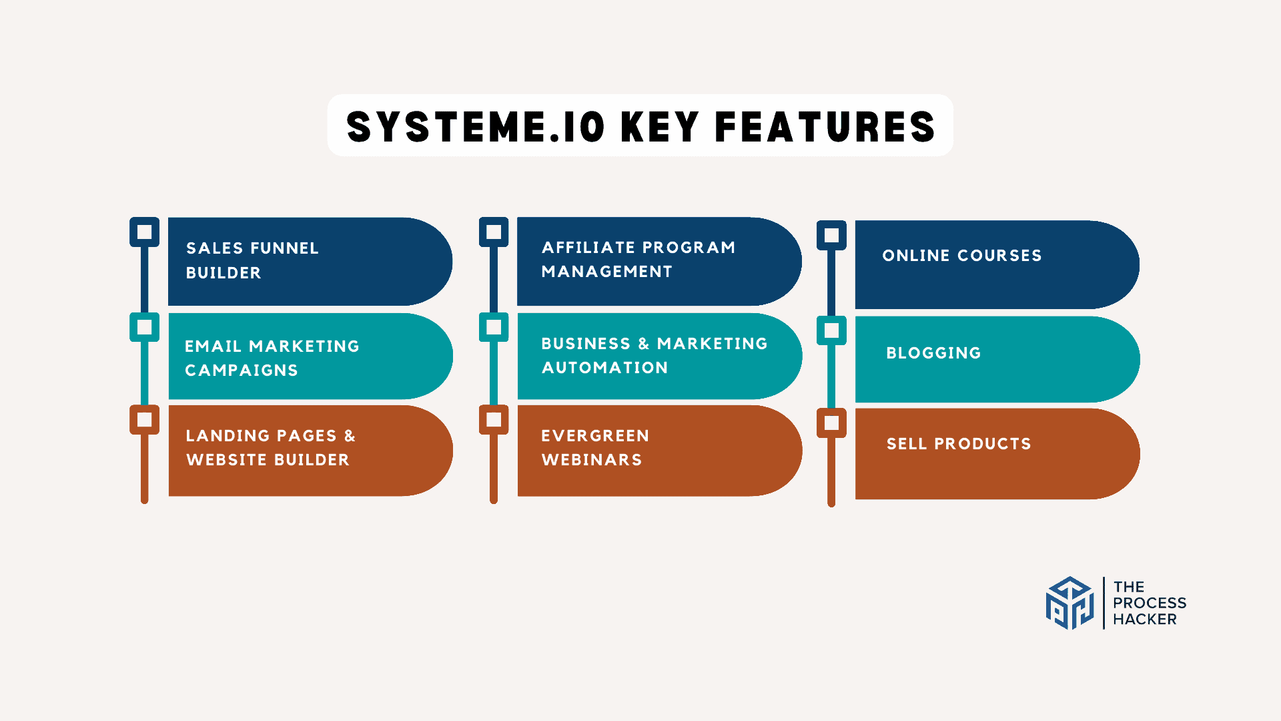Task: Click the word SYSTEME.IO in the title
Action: point(476,127)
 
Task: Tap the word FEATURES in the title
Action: point(825,127)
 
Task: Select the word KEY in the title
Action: point(660,127)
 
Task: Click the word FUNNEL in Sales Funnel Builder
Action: point(286,248)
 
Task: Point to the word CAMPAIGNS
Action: point(242,371)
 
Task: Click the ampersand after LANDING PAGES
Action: point(350,436)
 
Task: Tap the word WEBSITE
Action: point(227,460)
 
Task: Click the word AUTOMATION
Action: point(604,368)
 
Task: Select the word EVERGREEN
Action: point(595,436)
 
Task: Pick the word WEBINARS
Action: point(592,460)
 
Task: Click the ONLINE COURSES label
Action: point(961,256)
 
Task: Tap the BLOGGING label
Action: point(933,353)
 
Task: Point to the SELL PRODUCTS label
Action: point(959,444)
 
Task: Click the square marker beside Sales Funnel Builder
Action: point(144,232)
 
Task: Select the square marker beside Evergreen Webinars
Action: point(494,420)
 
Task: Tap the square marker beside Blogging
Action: point(831,330)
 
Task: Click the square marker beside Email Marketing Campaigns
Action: point(144,327)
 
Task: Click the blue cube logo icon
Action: point(1070,604)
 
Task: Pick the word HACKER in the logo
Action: point(1144,620)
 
